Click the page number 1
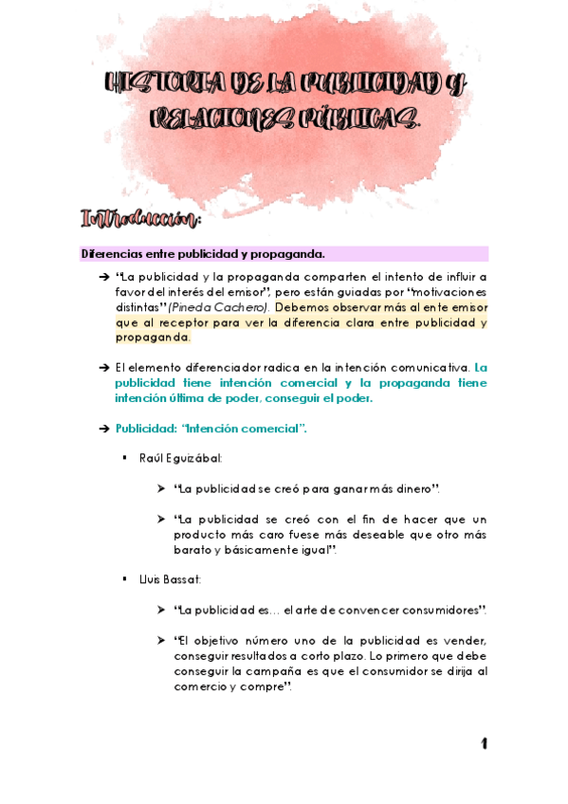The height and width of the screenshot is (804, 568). click(484, 744)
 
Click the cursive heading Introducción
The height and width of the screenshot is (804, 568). click(141, 220)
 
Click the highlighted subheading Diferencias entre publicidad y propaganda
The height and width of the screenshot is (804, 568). click(203, 253)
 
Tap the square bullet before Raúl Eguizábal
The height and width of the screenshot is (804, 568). click(124, 458)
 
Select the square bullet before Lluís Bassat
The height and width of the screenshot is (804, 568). click(124, 579)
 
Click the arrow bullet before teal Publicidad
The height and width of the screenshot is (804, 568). click(102, 429)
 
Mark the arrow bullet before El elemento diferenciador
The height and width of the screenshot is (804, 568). click(102, 368)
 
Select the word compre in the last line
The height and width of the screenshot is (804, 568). click(267, 686)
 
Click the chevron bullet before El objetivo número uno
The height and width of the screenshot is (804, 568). click(162, 641)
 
